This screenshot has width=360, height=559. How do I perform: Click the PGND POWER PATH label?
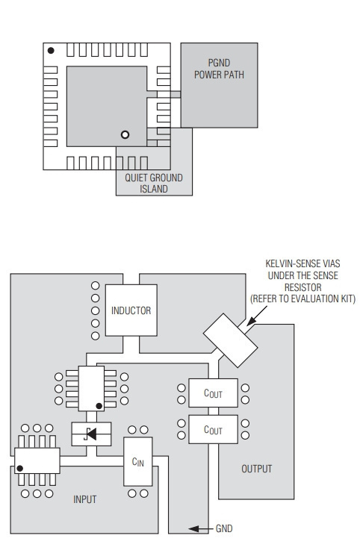[x=219, y=69]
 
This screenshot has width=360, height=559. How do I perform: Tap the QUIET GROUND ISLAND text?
[x=153, y=184]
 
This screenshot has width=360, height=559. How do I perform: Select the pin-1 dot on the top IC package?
[x=51, y=51]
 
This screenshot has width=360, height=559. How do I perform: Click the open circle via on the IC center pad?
[x=125, y=135]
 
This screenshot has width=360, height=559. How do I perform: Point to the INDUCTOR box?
[x=131, y=310]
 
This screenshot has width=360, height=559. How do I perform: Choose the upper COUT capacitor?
[x=213, y=393]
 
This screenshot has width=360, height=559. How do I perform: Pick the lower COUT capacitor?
[x=213, y=429]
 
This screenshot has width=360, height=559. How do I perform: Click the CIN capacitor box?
[x=137, y=462]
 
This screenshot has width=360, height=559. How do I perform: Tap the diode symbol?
[x=90, y=434]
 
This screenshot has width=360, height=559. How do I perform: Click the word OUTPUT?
[x=256, y=469]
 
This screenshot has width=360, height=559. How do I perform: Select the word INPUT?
[x=84, y=499]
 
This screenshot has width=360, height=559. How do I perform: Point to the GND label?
[x=224, y=528]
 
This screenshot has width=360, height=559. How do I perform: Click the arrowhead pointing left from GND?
[x=193, y=528]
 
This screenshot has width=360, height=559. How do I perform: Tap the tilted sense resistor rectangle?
[x=230, y=340]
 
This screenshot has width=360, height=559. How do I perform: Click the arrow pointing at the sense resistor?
[x=256, y=316]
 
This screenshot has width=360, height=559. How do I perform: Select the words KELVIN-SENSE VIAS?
[x=302, y=263]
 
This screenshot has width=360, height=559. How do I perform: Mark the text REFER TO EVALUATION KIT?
[x=303, y=299]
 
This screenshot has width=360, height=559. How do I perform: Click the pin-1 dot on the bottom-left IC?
[x=20, y=468]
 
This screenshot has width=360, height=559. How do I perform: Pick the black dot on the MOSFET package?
[x=99, y=406]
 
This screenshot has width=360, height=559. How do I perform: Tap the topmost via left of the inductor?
[x=96, y=286]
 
